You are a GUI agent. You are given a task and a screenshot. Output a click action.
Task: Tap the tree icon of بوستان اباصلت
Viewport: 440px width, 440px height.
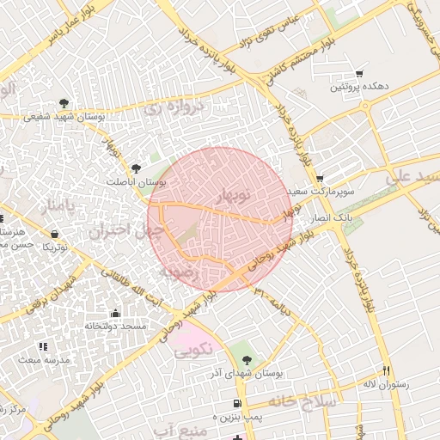[137, 168]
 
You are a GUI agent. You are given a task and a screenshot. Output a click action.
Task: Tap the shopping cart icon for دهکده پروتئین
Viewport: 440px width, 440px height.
[359, 74]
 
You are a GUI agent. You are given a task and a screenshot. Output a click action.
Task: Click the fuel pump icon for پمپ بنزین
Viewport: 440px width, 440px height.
[236, 404]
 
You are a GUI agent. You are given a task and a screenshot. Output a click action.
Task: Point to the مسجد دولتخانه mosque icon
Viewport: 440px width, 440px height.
[116, 314]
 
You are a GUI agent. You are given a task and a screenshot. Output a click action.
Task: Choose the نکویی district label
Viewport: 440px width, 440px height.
[194, 351]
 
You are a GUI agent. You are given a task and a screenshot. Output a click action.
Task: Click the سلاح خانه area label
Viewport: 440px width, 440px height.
[305, 401]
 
